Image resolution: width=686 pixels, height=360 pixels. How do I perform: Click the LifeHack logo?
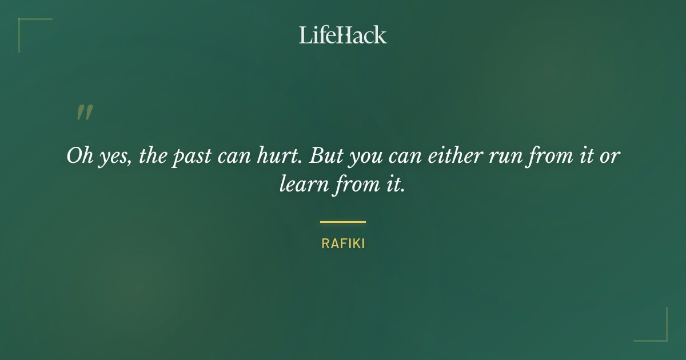pos(343,35)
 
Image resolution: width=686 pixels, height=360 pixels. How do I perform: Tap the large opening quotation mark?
pos(85,113)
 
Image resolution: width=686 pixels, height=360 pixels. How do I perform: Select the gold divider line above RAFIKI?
pos(343,222)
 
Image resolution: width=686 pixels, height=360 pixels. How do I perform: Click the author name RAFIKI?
pos(343,243)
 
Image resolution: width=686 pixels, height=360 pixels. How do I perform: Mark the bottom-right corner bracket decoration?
pos(657,331)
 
